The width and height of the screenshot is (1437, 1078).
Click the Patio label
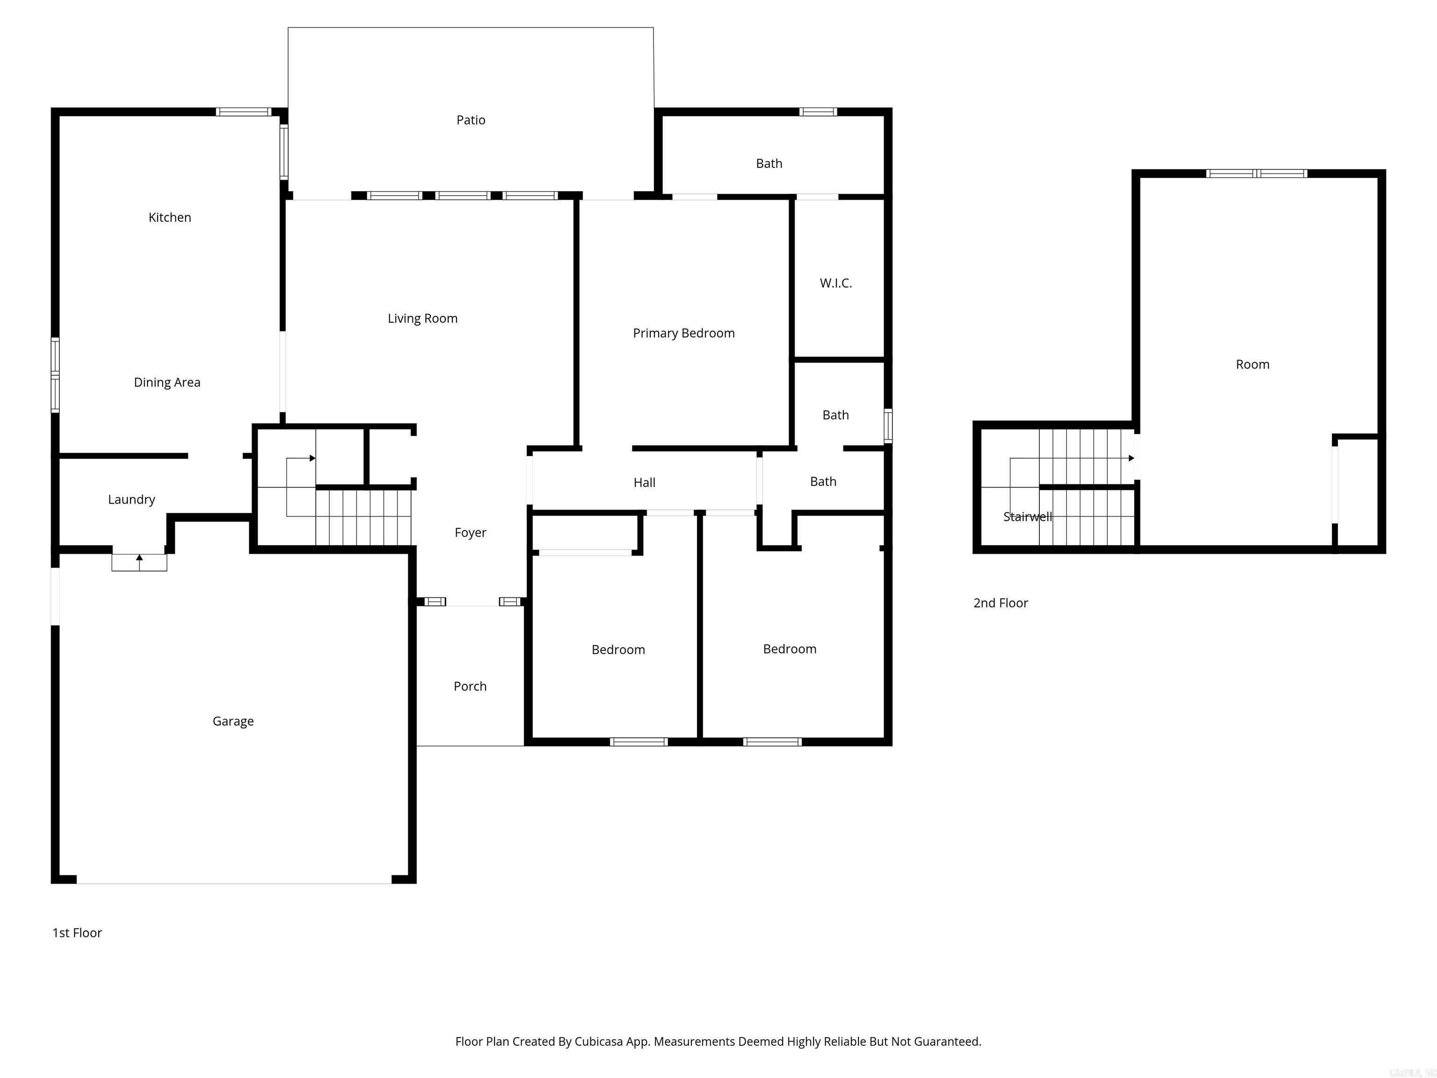pos(470,120)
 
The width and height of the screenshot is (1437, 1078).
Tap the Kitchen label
pos(169,218)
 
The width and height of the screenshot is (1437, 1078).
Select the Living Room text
pos(422,319)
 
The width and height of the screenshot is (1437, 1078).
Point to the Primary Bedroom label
pos(683,333)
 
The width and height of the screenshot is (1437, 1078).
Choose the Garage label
pos(232,721)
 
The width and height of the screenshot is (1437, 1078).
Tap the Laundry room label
pos(131,500)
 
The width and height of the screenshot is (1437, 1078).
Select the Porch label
pos(470,687)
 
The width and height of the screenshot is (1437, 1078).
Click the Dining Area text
pos(167,383)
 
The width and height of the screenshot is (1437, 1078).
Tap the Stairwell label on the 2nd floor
pos(1027,517)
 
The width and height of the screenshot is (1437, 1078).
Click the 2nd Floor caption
pos(1001,603)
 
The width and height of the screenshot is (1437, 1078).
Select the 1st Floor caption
pos(77,933)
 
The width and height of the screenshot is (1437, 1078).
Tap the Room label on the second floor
pos(1252,364)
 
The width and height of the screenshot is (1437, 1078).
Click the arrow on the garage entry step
pos(139,558)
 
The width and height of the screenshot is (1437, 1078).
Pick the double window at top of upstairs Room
pos(1256,174)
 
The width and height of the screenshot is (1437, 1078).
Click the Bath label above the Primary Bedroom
pos(769,164)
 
